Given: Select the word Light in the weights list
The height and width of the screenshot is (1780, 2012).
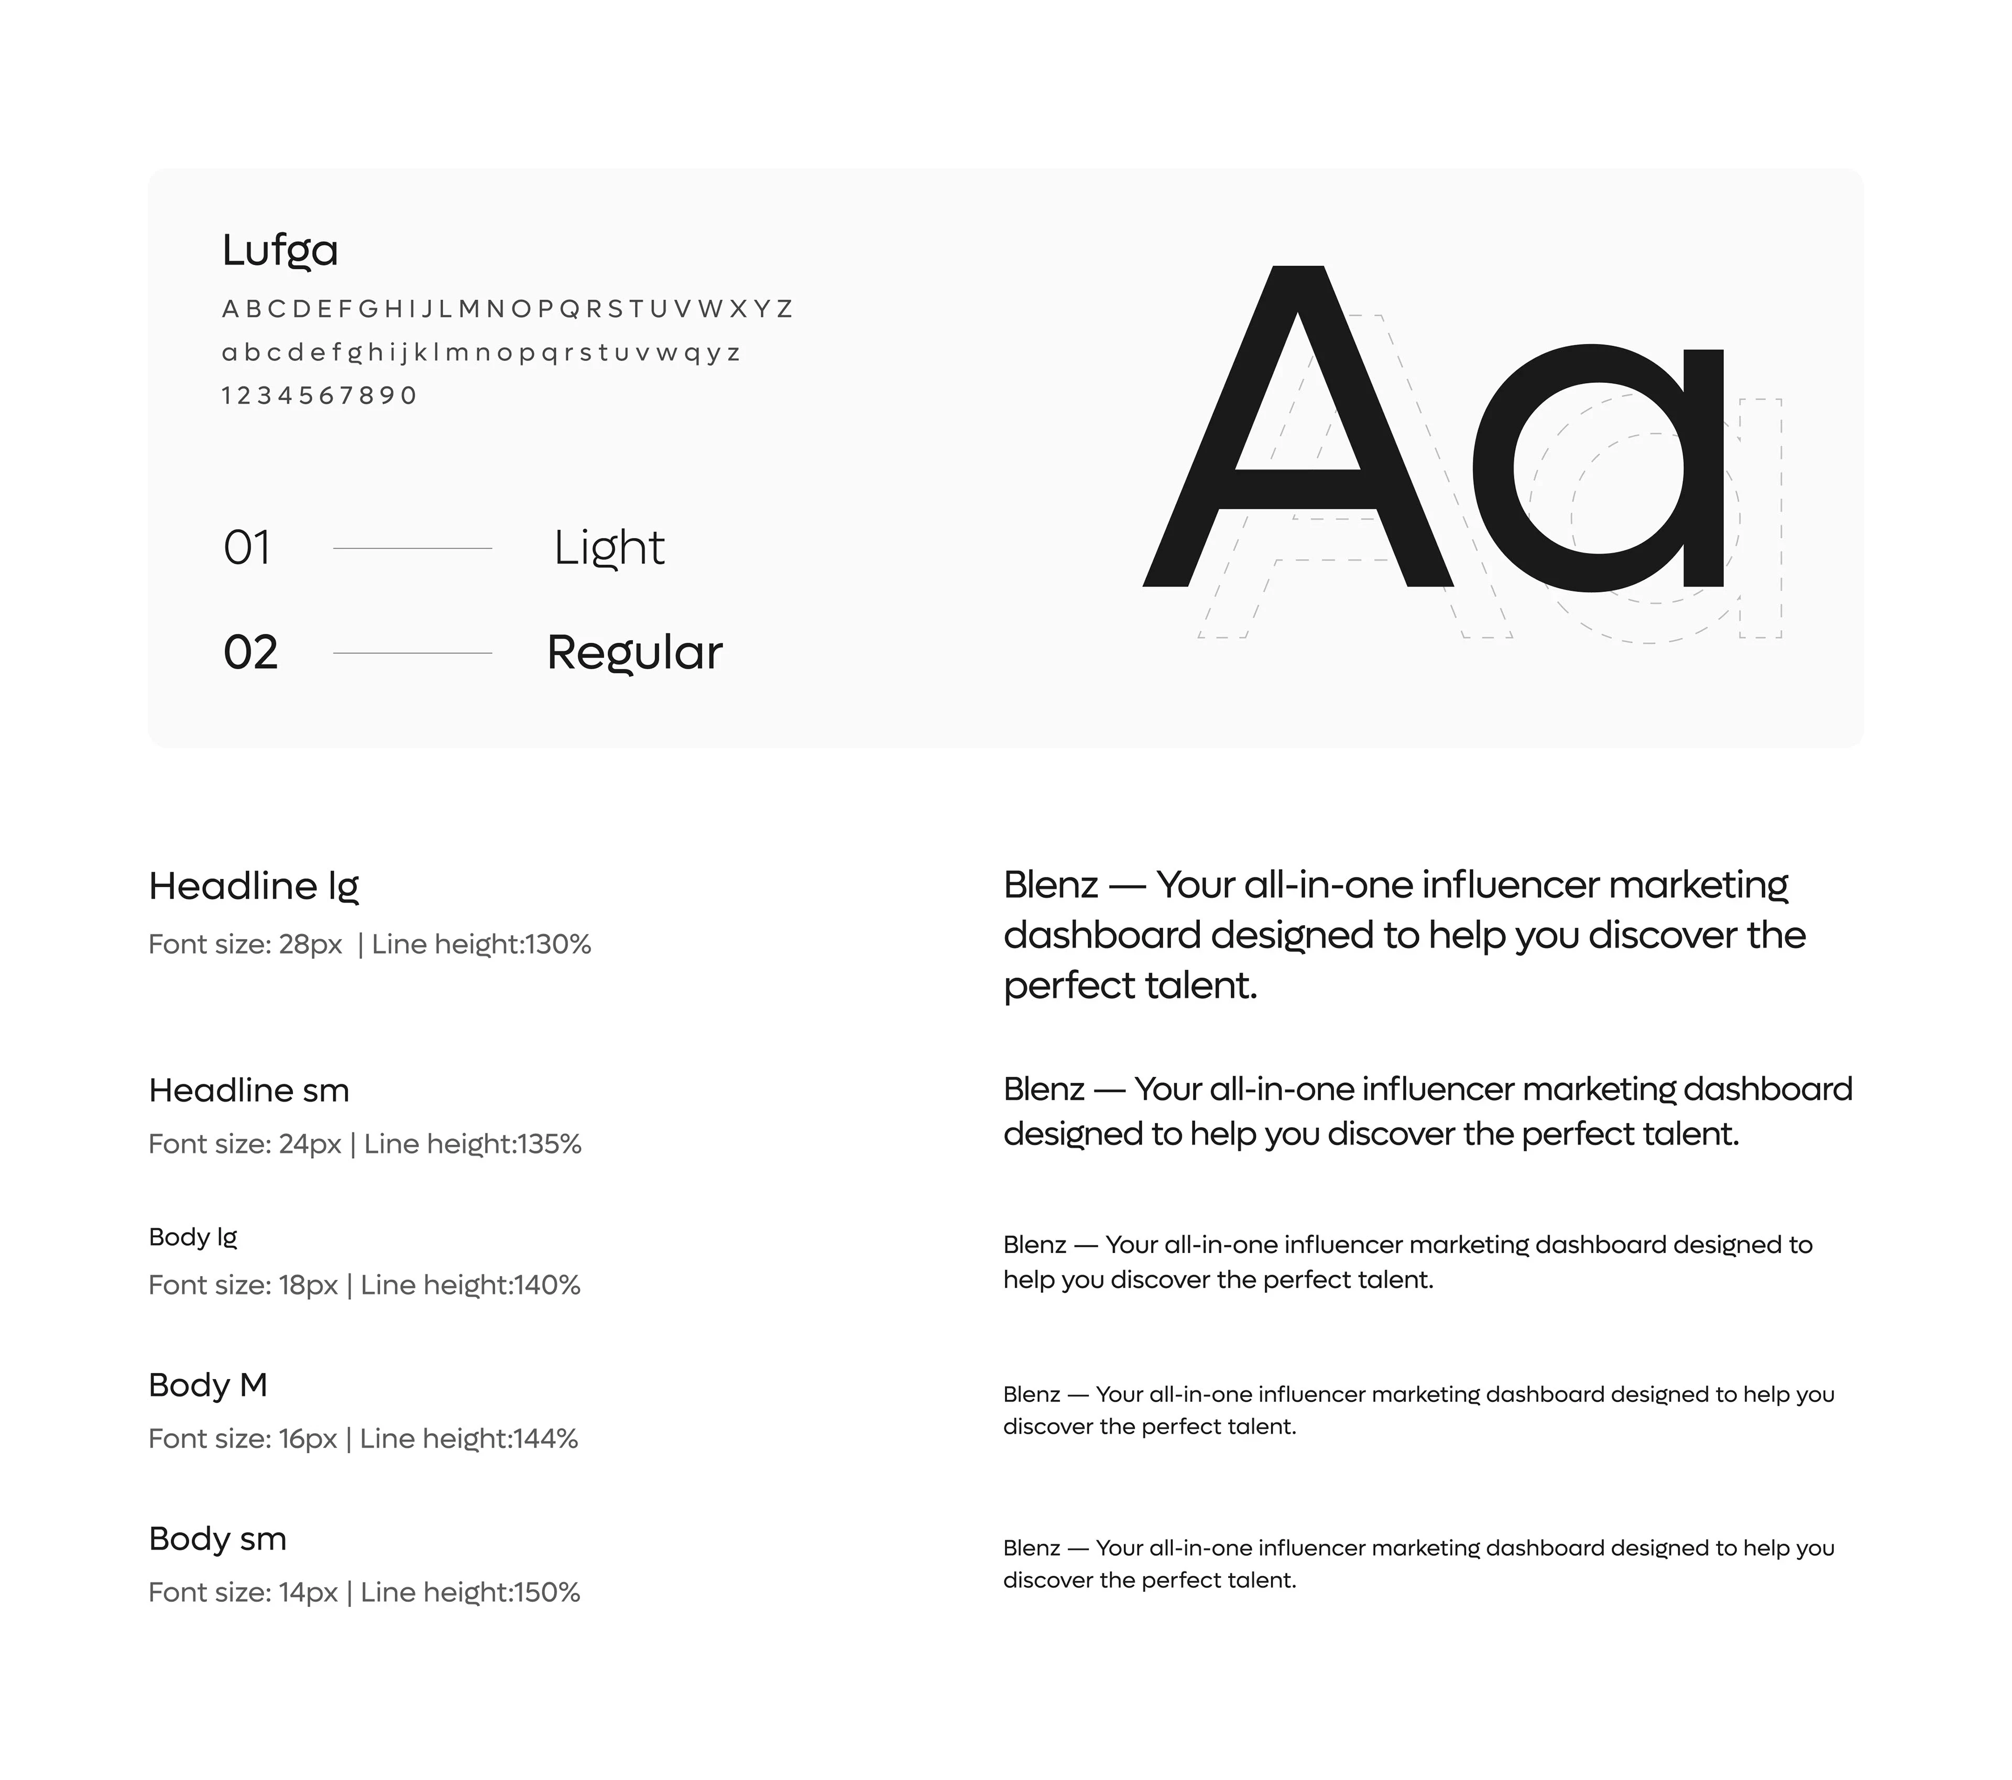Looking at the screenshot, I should [608, 548].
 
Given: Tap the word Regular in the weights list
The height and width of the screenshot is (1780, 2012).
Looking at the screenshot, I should [634, 652].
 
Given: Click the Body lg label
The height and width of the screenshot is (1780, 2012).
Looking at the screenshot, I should [193, 1237].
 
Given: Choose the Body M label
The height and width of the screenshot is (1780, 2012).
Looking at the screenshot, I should [207, 1385].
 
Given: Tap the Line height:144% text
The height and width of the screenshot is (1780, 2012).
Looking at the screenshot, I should [468, 1438].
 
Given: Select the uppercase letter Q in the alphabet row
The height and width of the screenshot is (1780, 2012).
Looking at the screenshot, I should [569, 309].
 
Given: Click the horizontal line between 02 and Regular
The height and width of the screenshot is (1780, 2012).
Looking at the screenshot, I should [412, 652].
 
